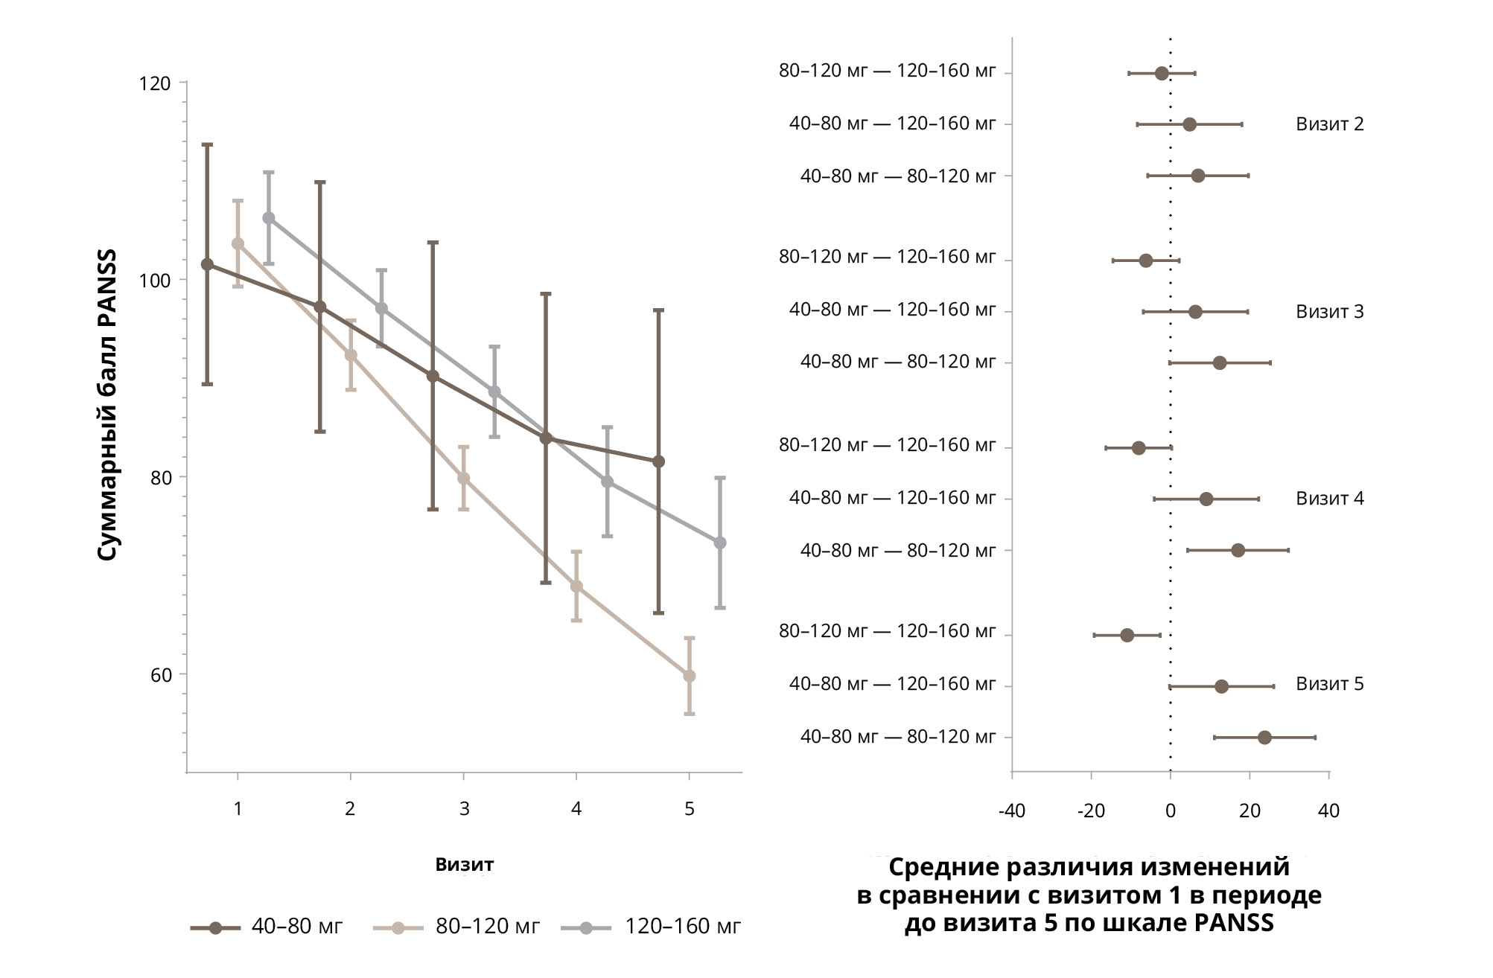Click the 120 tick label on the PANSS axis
(154, 83)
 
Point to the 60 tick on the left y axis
(161, 675)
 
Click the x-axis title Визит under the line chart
(464, 865)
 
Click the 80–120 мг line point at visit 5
(690, 676)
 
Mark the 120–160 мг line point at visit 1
(269, 218)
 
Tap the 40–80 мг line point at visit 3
(433, 376)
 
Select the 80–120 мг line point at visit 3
(463, 478)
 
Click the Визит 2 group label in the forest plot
(1329, 124)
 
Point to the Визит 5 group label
(1329, 684)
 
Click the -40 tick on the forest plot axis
(1011, 811)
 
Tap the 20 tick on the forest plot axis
(1250, 811)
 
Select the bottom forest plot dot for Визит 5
(1264, 738)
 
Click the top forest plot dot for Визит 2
(1162, 73)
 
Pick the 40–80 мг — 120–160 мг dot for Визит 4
(1206, 499)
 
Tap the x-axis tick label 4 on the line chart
(576, 809)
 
